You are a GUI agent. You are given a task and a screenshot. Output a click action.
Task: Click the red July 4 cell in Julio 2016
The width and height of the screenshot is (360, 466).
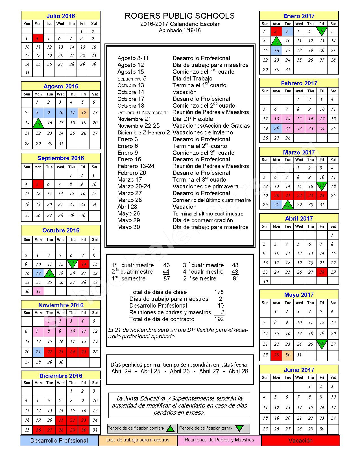coord(38,38)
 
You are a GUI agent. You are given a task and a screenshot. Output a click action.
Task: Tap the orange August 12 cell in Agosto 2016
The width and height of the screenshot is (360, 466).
coord(84,113)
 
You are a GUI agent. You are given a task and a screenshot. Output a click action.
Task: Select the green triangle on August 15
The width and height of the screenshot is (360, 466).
coord(38,123)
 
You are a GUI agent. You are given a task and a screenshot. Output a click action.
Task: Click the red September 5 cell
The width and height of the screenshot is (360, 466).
coord(38,184)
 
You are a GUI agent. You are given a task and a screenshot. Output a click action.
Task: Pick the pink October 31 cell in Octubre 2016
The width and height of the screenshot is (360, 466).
coord(38,291)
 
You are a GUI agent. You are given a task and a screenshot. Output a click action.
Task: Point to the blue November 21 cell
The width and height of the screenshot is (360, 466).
coord(38,352)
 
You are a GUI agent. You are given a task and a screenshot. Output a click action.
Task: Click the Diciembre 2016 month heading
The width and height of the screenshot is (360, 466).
coord(61,376)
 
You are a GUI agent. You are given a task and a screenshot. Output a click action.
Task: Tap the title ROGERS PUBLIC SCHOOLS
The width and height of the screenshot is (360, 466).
coord(180,16)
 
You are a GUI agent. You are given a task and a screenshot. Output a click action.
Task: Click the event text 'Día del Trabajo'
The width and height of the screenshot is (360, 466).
coord(192,79)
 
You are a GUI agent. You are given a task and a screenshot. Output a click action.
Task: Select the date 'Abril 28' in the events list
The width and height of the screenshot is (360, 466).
coord(127,207)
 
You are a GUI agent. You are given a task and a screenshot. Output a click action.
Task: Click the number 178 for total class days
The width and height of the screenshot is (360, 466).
coord(219,292)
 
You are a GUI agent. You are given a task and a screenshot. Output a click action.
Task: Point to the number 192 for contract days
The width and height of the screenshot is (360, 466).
coord(219,319)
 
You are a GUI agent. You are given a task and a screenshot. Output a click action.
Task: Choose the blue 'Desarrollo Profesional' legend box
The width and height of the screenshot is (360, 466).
coord(59,441)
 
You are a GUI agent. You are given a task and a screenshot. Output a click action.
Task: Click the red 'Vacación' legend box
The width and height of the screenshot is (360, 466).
coord(300,441)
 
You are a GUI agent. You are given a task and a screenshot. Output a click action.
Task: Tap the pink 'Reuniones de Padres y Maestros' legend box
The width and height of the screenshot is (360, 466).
coord(219,440)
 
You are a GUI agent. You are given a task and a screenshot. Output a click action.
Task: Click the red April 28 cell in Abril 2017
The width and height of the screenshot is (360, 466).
coord(322,272)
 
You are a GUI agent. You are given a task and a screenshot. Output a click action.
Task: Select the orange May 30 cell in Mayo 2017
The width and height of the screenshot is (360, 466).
coord(288,355)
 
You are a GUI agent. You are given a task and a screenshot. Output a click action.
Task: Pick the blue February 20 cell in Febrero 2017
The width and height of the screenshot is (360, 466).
coord(276,129)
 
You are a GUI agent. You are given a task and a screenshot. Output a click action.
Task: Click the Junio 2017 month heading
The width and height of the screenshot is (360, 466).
coord(299,370)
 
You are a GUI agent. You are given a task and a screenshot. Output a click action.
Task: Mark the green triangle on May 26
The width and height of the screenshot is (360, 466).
coord(322,343)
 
